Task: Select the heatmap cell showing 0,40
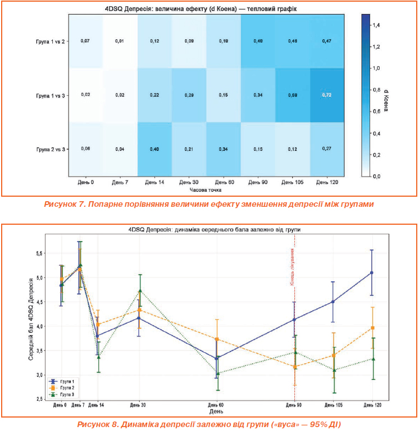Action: click(x=154, y=149)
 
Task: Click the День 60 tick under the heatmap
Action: click(x=224, y=182)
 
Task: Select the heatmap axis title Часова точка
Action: click(x=206, y=191)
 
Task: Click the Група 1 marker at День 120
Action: click(x=371, y=273)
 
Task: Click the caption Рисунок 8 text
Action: click(x=209, y=424)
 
